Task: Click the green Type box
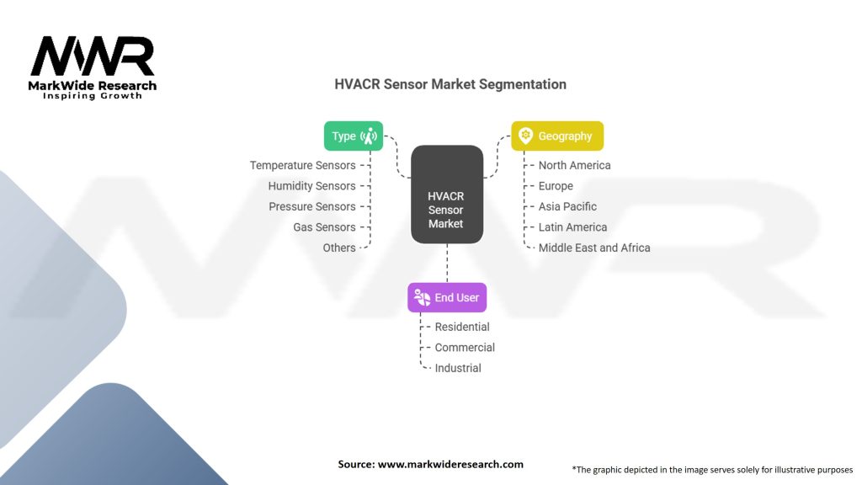point(354,136)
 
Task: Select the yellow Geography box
point(557,136)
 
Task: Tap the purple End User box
point(447,298)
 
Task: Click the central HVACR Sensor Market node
point(446,195)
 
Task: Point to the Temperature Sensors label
point(303,166)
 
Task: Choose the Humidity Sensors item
point(312,186)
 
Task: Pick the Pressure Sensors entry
point(312,207)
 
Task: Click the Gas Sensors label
point(324,227)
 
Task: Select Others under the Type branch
point(339,248)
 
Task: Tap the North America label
point(575,166)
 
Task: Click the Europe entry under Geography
point(556,186)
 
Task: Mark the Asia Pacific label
point(567,207)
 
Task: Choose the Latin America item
point(572,227)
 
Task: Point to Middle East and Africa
point(594,248)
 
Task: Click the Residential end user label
point(462,327)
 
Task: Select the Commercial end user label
point(465,348)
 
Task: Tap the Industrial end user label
point(458,368)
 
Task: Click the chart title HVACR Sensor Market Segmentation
point(450,84)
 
